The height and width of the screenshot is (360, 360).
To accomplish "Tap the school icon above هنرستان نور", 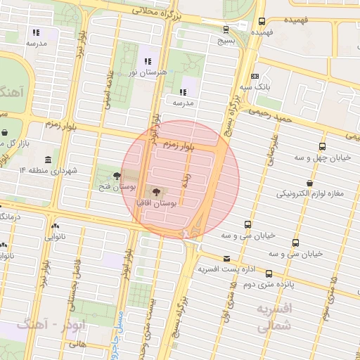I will point(147,60).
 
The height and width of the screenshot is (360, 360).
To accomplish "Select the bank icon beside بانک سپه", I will point(255,76).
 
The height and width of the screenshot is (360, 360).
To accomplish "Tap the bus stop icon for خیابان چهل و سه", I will point(322,147).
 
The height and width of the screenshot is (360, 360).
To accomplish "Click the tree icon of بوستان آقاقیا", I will point(154,191).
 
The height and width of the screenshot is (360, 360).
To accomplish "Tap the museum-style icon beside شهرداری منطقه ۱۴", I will point(47,160).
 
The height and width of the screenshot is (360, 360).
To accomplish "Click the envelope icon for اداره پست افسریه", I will point(226,258).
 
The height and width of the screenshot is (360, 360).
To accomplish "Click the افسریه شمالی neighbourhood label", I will point(269,318).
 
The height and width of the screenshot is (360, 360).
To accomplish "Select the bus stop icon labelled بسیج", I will point(226,30).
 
